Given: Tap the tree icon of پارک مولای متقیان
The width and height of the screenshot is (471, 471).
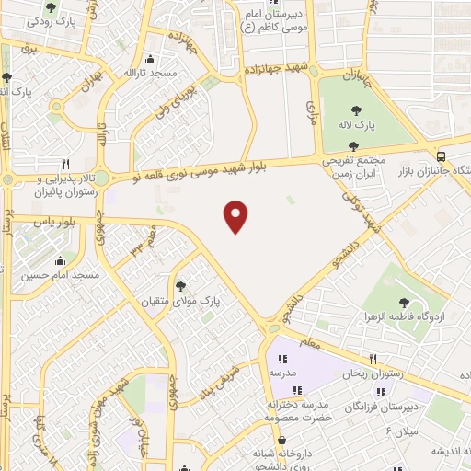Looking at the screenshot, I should click(180, 287).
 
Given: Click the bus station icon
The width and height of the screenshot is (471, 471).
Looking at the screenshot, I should click(442, 156).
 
